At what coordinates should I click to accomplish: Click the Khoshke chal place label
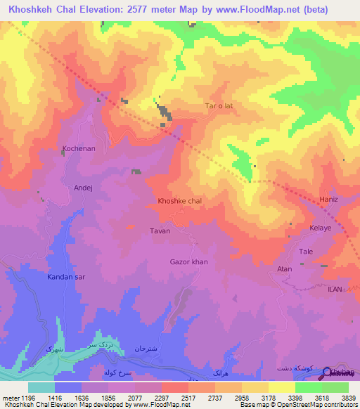point(180,201)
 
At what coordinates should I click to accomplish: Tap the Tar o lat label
point(218,106)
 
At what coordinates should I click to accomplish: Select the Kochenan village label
point(79,149)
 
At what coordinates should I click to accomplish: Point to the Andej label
point(83,188)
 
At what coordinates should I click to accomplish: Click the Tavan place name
point(160,231)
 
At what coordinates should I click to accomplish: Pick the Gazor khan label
point(189,262)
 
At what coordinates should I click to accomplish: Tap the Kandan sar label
point(66,278)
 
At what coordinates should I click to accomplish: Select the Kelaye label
point(321,229)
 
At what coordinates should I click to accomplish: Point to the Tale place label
point(307,252)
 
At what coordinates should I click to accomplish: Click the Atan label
point(285,269)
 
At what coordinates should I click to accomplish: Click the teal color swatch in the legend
point(41,387)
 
